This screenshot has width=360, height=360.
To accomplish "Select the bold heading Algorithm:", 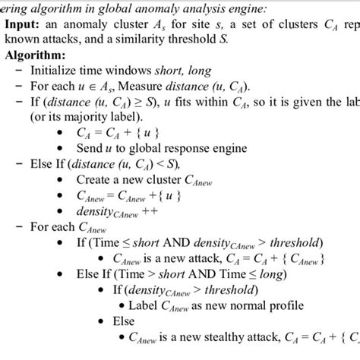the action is point(35,55).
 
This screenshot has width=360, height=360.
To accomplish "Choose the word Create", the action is point(94,181).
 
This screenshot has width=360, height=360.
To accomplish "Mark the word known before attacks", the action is point(24,39).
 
